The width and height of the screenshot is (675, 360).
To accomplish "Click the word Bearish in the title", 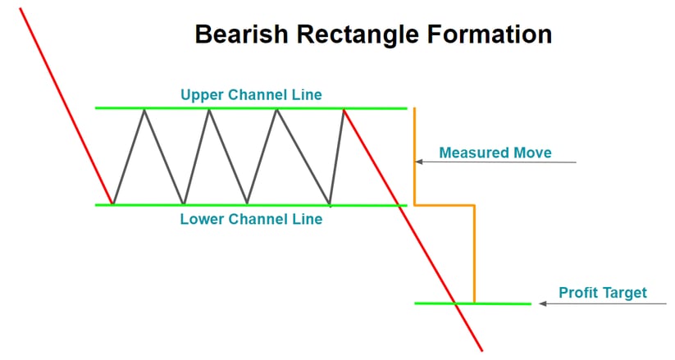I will click(239, 35).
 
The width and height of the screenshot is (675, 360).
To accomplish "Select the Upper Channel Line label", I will click(251, 95).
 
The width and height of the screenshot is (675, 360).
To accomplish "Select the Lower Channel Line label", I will click(251, 220).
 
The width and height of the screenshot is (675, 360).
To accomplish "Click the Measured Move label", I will click(495, 153).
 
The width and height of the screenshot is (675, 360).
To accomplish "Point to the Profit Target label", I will click(602, 293).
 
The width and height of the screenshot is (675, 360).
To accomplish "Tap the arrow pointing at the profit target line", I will click(603, 303).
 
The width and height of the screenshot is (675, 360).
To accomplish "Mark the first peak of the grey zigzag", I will click(145, 109).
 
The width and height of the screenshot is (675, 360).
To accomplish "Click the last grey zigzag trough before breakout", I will click(329, 203).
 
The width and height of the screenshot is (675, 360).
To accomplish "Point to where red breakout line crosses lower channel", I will click(399, 205).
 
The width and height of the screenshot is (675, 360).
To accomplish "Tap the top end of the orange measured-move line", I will click(414, 108).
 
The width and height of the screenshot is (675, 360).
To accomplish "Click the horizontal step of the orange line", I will click(445, 204).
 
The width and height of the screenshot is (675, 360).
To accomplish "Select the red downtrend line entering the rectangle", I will click(66, 107).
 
